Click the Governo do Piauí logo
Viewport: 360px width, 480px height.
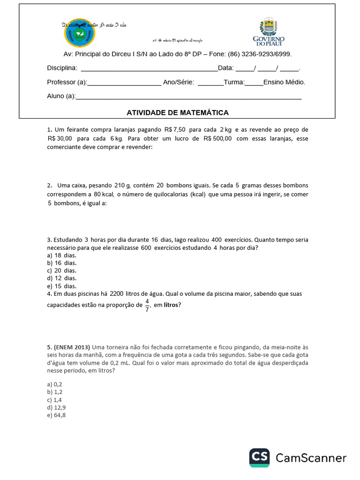pos(269,32)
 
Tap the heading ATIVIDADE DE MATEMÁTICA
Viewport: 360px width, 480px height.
pos(178,112)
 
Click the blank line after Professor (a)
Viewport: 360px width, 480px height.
pos(124,82)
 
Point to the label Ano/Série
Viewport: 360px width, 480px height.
pos(179,82)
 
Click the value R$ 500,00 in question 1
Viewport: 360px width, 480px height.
pos(218,139)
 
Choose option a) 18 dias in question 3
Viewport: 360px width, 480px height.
pos(61,255)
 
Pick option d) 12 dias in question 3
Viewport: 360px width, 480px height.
pos(61,278)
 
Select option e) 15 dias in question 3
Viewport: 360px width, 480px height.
pos(61,286)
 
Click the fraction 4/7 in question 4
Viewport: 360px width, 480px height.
pos(147,305)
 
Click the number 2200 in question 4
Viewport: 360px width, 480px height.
pos(117,294)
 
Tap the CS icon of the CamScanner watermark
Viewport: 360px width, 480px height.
pos(259,457)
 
